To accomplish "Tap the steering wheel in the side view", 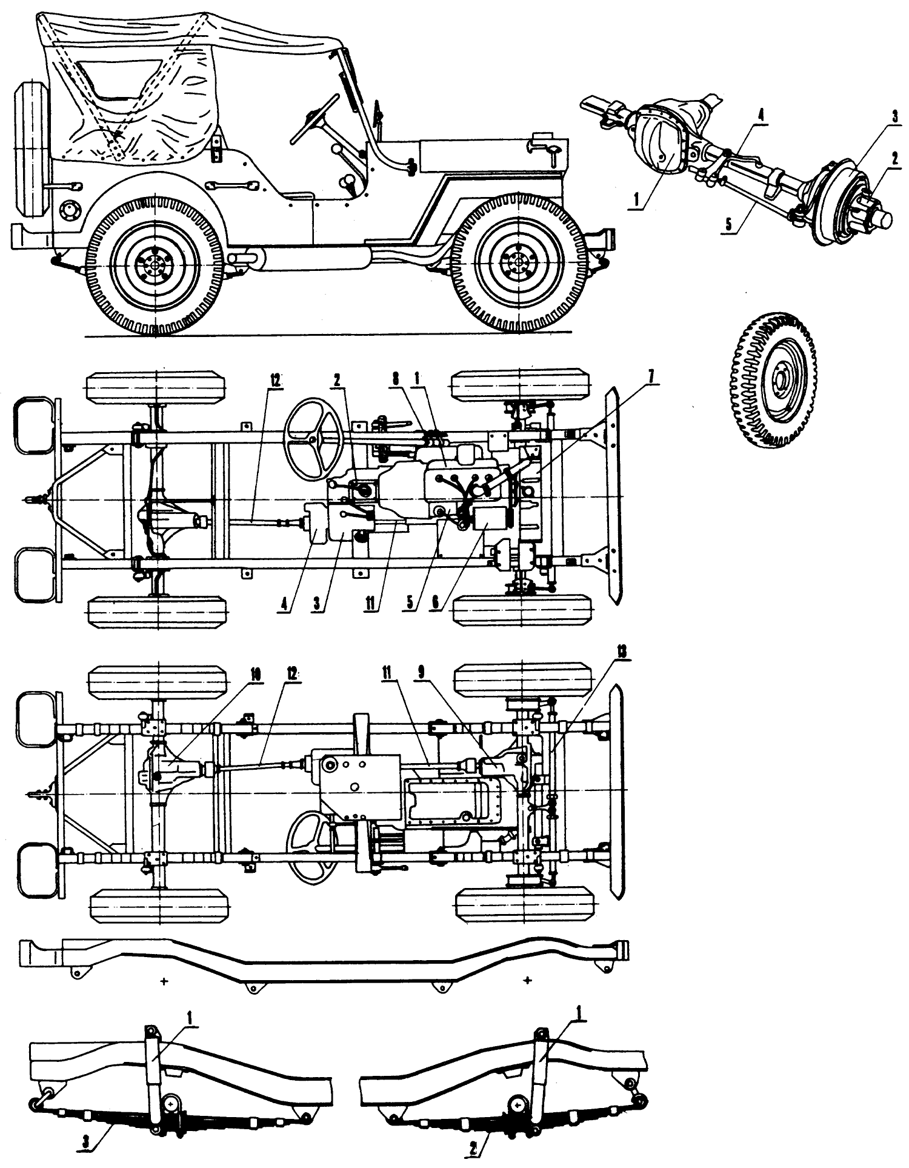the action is click(315, 119).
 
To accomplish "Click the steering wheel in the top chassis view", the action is click(315, 439).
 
